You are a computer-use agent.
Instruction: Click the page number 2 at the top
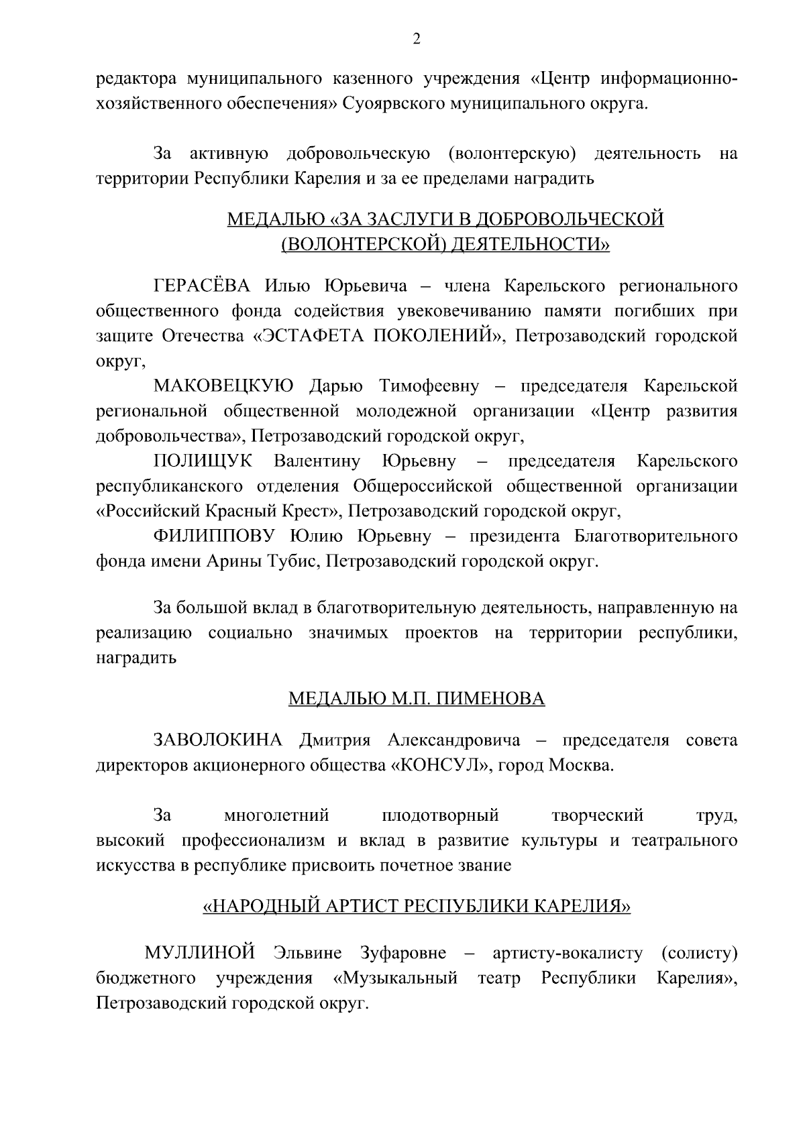416,40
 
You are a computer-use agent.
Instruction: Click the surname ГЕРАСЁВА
202,287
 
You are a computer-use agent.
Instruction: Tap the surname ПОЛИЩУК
204,461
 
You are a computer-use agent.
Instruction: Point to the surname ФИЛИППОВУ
215,536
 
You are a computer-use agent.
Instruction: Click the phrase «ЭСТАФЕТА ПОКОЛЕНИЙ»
379,337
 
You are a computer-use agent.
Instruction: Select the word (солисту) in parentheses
700,953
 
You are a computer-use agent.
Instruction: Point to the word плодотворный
440,815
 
